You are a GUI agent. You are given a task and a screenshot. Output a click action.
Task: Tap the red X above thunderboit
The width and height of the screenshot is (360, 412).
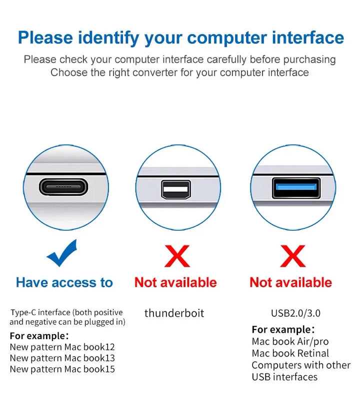click(177, 256)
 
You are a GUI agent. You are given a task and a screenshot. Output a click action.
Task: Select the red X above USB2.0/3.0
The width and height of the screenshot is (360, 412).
click(293, 256)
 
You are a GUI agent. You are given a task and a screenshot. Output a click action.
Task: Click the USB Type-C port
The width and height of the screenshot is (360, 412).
click(63, 187)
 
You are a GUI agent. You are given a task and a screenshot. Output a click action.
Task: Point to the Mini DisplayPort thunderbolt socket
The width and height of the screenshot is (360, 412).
click(176, 189)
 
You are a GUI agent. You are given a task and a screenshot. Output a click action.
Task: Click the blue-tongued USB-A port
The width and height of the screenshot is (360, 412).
click(296, 188)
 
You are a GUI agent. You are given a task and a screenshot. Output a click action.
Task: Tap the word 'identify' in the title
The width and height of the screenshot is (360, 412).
click(108, 38)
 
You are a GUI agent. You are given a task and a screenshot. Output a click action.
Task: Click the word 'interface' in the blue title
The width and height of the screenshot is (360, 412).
click(308, 37)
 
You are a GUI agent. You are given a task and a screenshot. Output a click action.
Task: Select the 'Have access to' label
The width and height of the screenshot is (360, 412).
click(64, 283)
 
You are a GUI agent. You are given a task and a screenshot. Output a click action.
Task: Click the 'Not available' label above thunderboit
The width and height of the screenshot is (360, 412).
click(175, 283)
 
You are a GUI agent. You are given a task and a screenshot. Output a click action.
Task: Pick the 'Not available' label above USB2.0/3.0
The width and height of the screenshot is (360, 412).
click(291, 283)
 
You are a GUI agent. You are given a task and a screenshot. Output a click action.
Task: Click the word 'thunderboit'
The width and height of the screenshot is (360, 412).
click(174, 313)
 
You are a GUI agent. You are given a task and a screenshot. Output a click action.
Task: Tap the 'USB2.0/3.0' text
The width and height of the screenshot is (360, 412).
click(296, 313)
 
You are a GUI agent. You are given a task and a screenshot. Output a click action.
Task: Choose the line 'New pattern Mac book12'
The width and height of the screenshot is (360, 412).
click(62, 347)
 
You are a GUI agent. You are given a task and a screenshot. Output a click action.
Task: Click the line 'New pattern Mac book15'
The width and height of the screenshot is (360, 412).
click(62, 369)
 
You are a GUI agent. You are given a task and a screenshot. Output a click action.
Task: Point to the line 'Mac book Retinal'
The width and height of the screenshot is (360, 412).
click(290, 354)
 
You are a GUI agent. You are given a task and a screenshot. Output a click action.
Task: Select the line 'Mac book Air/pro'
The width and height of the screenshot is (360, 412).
click(290, 342)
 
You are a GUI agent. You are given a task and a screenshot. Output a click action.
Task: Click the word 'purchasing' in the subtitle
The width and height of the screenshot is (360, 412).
click(309, 60)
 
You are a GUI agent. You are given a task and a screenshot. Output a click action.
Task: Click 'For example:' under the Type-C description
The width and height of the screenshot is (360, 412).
click(39, 336)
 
